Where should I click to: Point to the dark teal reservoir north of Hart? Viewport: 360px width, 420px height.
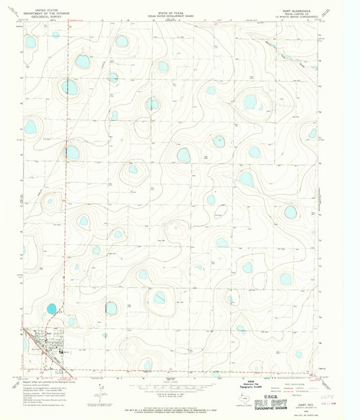click(51, 309)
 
